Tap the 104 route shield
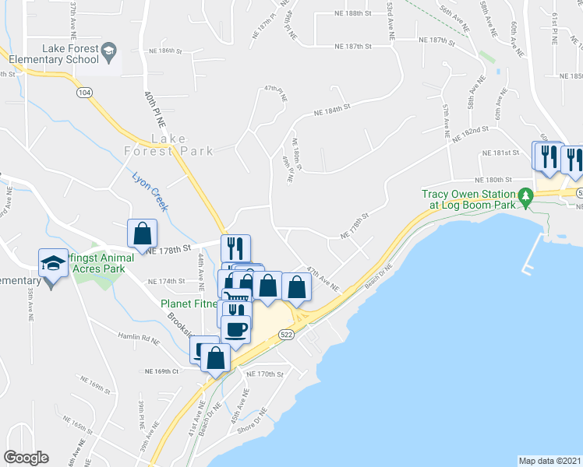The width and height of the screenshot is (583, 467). pyautogui.click(x=83, y=92)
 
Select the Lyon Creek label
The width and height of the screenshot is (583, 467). pyautogui.click(x=150, y=190)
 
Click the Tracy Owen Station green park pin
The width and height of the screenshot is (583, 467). pyautogui.click(x=526, y=200)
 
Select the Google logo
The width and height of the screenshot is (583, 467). pyautogui.click(x=26, y=458)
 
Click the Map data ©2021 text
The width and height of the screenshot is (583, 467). pyautogui.click(x=549, y=461)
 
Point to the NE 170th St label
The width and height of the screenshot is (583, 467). pyautogui.click(x=265, y=374)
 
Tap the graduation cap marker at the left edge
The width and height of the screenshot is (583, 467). pyautogui.click(x=52, y=262)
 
